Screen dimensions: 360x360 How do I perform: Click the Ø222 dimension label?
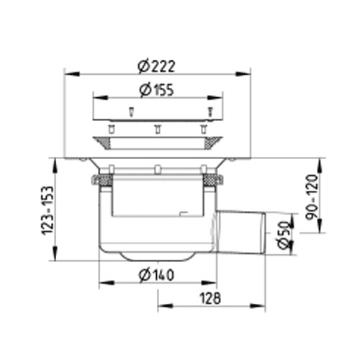[156, 66]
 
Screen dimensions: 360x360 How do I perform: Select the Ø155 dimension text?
[156, 90]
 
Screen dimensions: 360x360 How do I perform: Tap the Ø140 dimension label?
[156, 275]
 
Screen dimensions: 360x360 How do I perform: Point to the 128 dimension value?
[210, 298]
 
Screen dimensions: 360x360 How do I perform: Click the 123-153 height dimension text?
[48, 210]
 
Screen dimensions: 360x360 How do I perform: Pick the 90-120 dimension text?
[312, 197]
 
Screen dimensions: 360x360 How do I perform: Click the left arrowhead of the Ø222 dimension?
[72, 73]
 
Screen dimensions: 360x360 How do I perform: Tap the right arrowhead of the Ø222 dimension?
[243, 73]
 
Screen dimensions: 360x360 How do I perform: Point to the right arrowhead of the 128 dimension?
[258, 306]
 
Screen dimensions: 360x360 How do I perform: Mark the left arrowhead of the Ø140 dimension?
[107, 283]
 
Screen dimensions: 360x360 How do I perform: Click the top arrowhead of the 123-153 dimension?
[55, 166]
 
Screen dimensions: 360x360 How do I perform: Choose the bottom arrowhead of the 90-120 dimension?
[320, 225]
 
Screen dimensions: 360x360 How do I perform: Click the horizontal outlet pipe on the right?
[240, 232]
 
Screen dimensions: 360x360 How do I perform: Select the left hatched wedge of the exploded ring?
[102, 143]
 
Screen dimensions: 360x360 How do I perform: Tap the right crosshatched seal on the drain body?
[211, 180]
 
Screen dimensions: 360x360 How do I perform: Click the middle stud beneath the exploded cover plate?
[158, 129]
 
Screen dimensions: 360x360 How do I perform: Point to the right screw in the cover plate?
[210, 112]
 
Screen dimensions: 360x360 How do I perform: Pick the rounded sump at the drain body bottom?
[157, 256]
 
